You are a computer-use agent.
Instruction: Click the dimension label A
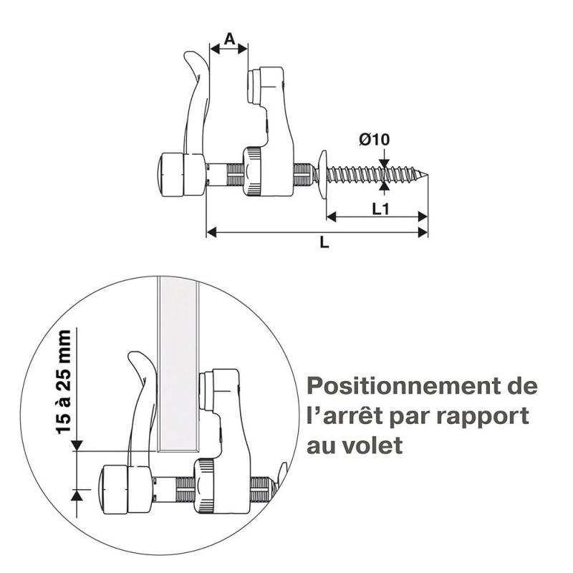228,39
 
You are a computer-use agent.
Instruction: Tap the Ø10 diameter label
375,140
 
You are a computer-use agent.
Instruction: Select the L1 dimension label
380,208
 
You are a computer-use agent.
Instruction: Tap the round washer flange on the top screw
321,171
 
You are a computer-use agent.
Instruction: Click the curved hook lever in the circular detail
143,401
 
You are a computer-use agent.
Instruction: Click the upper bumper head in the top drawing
266,85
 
